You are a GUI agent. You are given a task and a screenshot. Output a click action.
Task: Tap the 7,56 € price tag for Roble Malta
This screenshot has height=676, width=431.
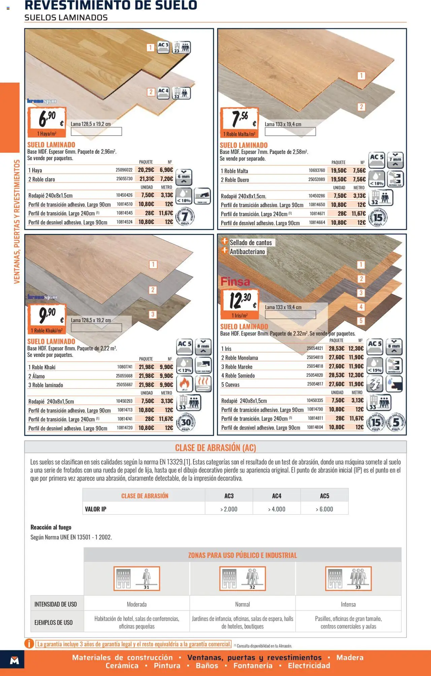click(239, 119)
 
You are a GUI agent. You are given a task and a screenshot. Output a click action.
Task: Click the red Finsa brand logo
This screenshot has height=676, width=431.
click(235, 282)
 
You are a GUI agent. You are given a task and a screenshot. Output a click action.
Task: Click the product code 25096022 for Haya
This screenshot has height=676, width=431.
click(124, 170)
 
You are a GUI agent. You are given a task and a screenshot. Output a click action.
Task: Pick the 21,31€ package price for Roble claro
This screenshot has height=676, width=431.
click(146, 179)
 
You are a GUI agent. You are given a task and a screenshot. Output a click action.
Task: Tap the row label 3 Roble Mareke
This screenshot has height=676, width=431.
click(237, 367)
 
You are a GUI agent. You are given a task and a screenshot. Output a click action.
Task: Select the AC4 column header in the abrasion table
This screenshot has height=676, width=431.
click(276, 496)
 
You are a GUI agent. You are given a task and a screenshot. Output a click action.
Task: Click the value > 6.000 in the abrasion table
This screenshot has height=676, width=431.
click(324, 509)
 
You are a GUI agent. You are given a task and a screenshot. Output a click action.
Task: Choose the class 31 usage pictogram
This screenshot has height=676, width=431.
click(137, 579)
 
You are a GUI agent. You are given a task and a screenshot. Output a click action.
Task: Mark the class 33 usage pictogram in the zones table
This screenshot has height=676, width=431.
click(348, 579)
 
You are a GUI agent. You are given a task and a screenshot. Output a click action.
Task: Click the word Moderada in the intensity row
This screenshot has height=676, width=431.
click(137, 604)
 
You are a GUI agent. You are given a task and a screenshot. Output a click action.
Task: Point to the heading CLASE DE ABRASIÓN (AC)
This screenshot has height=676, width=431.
click(215, 448)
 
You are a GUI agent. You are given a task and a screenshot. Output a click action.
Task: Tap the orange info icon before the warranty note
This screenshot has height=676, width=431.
click(29, 644)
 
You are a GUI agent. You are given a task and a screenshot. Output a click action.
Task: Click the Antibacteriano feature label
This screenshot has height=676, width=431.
click(247, 252)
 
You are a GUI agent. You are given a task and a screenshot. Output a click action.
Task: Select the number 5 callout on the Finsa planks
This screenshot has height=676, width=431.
click(361, 321)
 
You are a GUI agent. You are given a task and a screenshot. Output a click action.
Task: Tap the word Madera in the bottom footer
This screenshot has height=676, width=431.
click(350, 657)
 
